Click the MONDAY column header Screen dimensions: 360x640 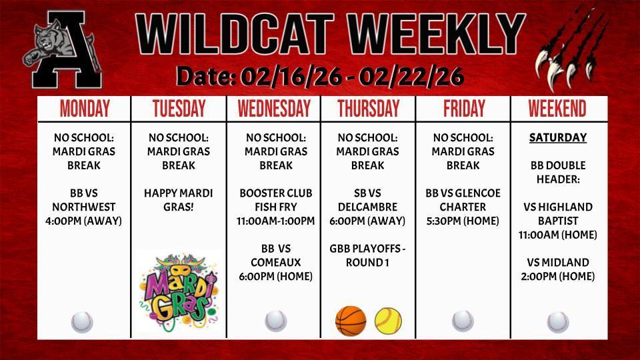click(x=85, y=109)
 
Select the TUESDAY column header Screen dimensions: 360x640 click(x=179, y=109)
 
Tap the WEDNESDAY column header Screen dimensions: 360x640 click(x=274, y=109)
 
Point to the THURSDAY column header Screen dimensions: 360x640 click(x=368, y=109)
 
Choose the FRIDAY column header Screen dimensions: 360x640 click(x=463, y=109)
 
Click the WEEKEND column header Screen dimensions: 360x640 click(x=557, y=109)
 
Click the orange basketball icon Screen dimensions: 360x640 click(x=351, y=321)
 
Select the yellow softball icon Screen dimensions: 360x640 click(x=387, y=321)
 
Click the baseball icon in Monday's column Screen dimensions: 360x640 click(x=82, y=322)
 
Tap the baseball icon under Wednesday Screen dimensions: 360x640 click(x=275, y=321)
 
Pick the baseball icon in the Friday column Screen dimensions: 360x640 click(x=463, y=321)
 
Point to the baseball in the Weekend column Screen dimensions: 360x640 click(x=558, y=322)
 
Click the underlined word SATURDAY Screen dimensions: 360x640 click(x=558, y=138)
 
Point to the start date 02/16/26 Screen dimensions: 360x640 click(x=291, y=77)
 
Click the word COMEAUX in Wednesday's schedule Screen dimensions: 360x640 click(x=275, y=263)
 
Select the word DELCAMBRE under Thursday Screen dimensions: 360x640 click(x=368, y=207)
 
